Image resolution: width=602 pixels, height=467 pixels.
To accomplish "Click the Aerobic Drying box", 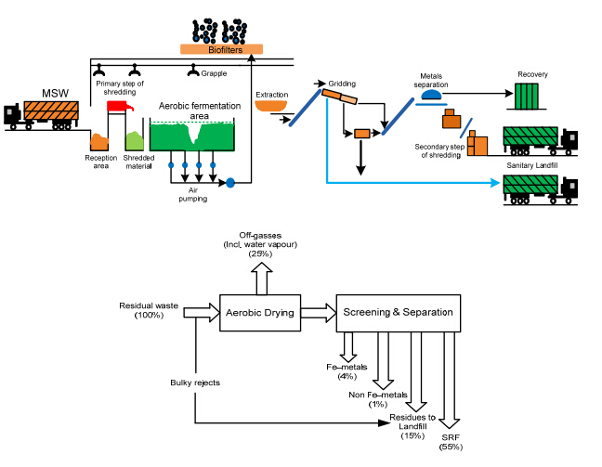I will click(259, 313).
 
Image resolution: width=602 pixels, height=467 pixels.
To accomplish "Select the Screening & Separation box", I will click(397, 313).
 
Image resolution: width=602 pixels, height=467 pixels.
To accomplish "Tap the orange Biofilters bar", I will click(219, 49).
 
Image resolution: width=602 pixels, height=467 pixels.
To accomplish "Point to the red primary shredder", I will click(120, 106).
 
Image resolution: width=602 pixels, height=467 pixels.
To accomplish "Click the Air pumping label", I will click(192, 192).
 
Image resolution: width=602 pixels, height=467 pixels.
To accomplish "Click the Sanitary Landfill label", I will click(534, 165).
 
